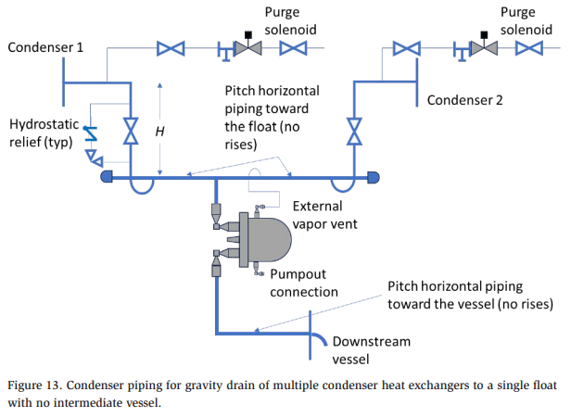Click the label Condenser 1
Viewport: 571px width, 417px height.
click(46, 47)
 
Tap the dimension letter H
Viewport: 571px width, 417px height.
click(159, 132)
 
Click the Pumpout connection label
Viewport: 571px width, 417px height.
click(304, 284)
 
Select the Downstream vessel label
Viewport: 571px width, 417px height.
click(371, 350)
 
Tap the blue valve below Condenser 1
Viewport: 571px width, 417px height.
click(131, 130)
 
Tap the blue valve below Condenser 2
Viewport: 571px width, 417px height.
click(354, 129)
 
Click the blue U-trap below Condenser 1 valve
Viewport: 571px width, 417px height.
click(142, 185)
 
